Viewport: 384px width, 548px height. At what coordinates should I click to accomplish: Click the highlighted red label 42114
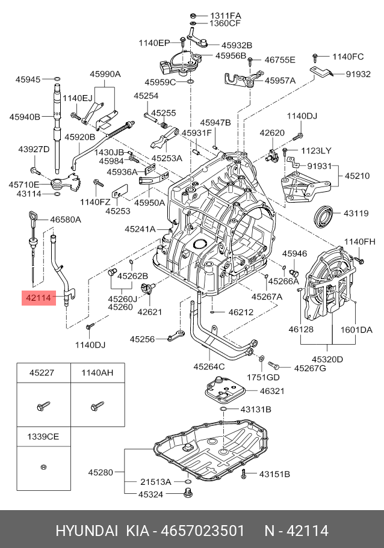click(39, 298)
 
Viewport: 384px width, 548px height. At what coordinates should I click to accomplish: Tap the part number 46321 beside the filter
click(272, 391)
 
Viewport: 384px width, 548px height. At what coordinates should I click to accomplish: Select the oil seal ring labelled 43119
click(324, 217)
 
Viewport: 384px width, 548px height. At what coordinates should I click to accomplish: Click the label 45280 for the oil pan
click(101, 473)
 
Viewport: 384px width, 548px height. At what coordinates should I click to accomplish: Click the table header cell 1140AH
click(98, 373)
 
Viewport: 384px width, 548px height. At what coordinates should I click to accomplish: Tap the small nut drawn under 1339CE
click(43, 467)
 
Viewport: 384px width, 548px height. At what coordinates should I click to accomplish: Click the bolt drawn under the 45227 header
click(43, 406)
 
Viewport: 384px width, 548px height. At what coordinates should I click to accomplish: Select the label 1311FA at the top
click(225, 16)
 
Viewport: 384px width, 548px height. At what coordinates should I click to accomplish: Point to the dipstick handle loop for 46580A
click(33, 218)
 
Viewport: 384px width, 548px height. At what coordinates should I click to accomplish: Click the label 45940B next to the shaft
click(25, 117)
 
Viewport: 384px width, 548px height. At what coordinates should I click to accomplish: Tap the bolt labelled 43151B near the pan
click(244, 474)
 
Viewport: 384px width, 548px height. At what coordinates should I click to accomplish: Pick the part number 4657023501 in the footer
click(202, 531)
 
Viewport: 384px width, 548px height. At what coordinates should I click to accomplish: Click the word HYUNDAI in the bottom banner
click(87, 531)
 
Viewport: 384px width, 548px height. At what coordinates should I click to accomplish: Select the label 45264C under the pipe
click(209, 366)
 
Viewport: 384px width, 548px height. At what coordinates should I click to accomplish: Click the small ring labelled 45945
click(58, 79)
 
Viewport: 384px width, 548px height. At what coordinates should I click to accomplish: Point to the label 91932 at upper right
click(359, 74)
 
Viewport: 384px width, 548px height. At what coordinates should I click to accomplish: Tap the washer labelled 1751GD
click(262, 359)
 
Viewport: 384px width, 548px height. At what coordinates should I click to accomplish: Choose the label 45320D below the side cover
click(327, 359)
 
